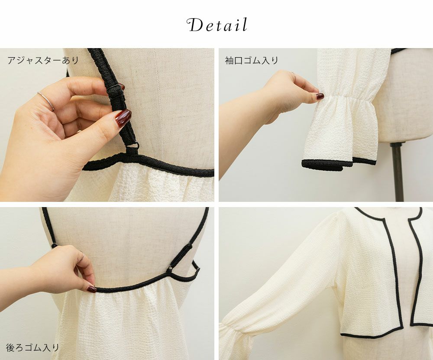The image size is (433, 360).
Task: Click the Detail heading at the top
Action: [x=217, y=25]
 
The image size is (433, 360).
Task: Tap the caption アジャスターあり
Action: [x=43, y=60]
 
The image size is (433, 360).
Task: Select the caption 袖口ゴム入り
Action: [x=252, y=60]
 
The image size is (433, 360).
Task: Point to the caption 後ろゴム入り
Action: [x=32, y=347]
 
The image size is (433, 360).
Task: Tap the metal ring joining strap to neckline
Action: [x=133, y=146]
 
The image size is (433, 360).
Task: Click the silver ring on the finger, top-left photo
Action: [x=46, y=101]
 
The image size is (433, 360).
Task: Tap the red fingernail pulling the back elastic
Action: [x=92, y=289]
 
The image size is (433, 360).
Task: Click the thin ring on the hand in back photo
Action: [x=82, y=256]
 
